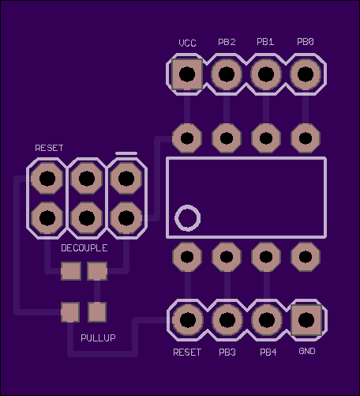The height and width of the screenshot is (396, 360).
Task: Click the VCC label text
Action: point(187,43)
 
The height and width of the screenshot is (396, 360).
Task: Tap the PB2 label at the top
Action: point(227,42)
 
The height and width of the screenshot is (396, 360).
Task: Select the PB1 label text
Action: point(265,42)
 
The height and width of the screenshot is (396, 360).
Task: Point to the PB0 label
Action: point(306,42)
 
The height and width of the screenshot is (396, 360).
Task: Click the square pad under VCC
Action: point(187,74)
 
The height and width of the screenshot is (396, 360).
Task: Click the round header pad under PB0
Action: point(306,74)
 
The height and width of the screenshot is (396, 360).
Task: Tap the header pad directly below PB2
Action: point(227,74)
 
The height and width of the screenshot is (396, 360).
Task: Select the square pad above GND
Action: point(306,320)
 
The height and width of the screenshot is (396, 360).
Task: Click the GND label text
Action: point(307,351)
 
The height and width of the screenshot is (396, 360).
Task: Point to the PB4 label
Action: point(268,353)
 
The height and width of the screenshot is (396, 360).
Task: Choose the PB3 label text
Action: point(227,353)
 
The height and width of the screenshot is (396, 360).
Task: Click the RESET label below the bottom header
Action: point(187,353)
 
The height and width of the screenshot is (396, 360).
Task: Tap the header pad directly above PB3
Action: point(227,320)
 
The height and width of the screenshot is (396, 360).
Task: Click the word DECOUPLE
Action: point(84,248)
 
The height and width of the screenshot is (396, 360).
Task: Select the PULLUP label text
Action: point(98,338)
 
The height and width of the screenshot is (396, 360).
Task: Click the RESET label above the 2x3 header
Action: point(49,148)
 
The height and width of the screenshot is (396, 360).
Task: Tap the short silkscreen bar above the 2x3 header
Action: point(126,153)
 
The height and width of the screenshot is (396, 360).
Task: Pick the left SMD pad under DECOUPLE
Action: point(71,271)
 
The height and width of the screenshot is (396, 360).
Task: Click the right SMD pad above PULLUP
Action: point(97,312)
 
